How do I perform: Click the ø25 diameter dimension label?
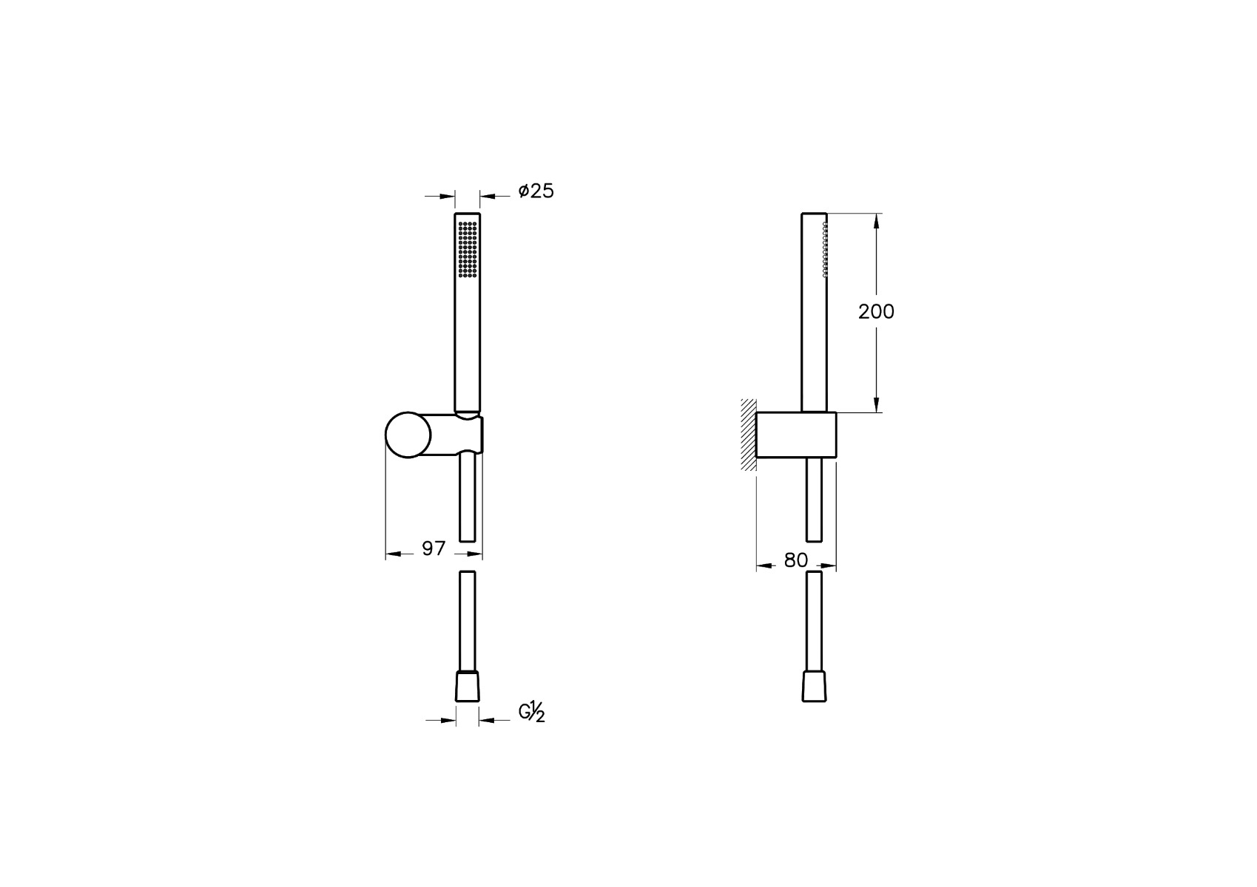(536, 191)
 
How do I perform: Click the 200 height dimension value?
(876, 312)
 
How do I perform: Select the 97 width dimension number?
(434, 548)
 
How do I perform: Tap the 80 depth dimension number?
(796, 560)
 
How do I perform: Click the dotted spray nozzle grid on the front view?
(468, 250)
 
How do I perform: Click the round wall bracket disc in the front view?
(408, 435)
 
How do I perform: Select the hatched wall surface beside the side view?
(748, 435)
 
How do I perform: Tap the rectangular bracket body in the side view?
(796, 435)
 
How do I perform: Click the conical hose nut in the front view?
(468, 686)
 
